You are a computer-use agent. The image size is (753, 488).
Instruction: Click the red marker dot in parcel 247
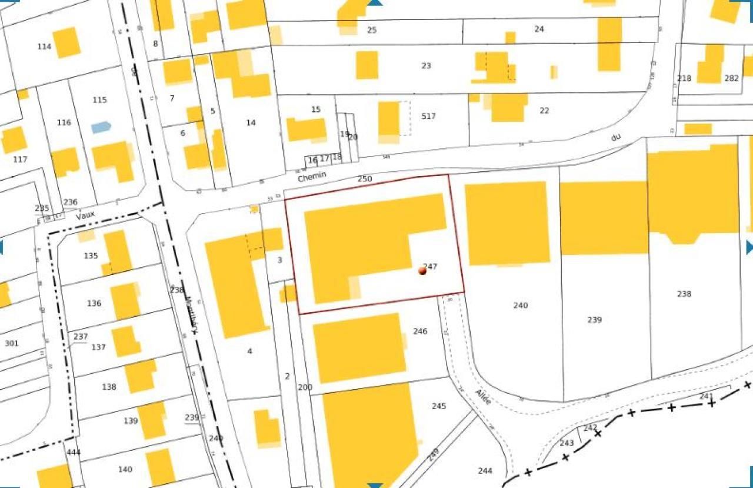coord(422,270)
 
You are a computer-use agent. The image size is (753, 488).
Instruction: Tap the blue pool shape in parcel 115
coord(101,127)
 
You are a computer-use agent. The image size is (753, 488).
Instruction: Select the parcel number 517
coord(428,117)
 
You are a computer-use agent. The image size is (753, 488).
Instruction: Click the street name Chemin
coord(311,176)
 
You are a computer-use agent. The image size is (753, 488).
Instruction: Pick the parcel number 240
coord(520,306)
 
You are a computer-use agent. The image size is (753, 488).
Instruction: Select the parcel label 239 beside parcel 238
coord(594,320)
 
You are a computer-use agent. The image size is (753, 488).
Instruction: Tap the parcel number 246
coord(419,331)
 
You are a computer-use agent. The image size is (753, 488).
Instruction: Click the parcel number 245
coord(439,406)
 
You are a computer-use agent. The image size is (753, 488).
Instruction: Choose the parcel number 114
coord(44,47)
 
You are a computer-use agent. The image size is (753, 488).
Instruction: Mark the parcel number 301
coord(11,343)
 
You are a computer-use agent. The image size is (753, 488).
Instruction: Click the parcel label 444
coord(74,452)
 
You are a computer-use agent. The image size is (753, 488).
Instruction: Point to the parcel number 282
coord(731,78)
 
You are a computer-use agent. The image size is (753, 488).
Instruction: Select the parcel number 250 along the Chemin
coord(365,178)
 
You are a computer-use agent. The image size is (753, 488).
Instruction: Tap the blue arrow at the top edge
coord(375,3)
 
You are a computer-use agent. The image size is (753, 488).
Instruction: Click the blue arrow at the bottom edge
coord(375,485)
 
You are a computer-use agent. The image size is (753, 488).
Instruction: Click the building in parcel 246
coord(358,347)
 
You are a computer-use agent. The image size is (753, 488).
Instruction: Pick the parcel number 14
coord(251,122)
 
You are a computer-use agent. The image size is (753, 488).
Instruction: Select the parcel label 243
coord(567,443)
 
